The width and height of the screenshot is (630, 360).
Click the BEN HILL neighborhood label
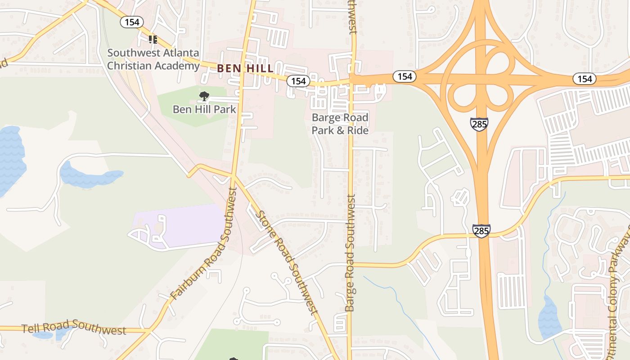tap(245, 68)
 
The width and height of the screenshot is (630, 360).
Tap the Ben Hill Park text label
tap(204, 109)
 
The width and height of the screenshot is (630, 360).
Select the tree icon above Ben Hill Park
tap(204, 96)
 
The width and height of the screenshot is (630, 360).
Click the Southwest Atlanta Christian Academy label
tap(153, 59)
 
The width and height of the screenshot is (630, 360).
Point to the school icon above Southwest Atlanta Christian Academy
tap(153, 40)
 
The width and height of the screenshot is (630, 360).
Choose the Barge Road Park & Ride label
tap(340, 124)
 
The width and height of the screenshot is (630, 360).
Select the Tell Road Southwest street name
tap(74, 327)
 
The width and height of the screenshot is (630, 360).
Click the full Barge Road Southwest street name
tap(350, 253)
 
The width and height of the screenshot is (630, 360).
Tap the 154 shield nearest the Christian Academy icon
tap(132, 22)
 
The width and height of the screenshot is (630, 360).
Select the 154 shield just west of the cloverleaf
tap(405, 76)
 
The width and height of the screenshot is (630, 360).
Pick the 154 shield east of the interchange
tap(585, 79)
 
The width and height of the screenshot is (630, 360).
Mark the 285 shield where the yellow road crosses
tap(481, 231)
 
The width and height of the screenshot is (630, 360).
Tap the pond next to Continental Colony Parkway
tap(549, 317)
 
